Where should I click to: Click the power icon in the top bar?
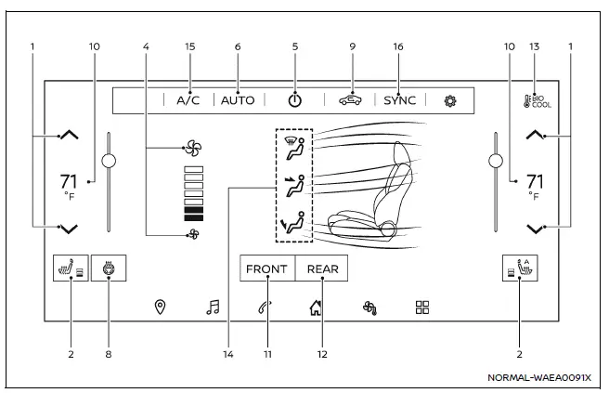point(294,100)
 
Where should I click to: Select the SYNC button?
point(400,100)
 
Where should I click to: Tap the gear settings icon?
point(450,100)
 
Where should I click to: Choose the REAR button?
point(323,269)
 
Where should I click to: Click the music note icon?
point(213,307)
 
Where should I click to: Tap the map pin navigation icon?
point(160,307)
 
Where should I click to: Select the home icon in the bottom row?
point(316,307)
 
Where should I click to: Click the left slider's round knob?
point(110,161)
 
